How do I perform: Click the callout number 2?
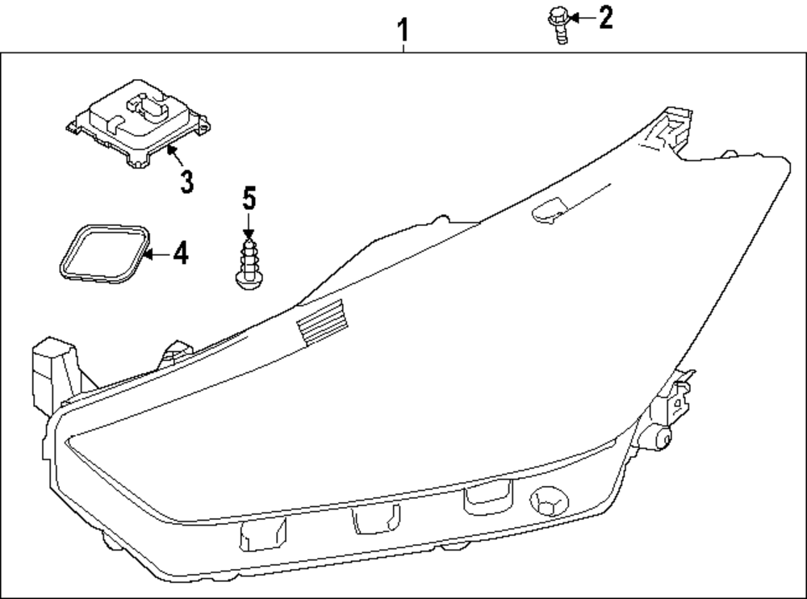pos(605,17)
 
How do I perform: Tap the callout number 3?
pos(186,181)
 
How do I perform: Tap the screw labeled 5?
pos(248,260)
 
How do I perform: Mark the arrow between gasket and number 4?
pos(157,254)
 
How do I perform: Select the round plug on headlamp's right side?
pos(663,439)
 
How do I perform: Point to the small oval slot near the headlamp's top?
pos(551,208)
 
